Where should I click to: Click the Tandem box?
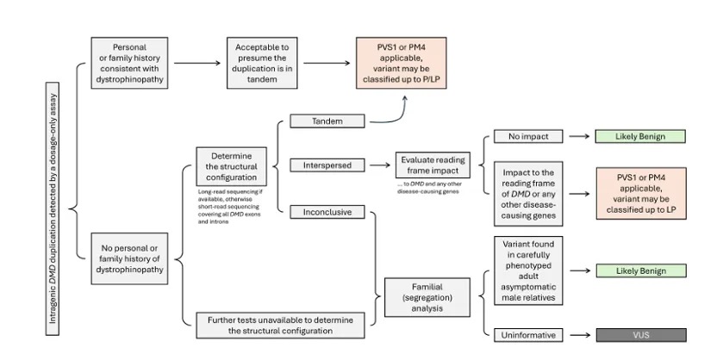pos(327,121)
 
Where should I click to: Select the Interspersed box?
pos(327,164)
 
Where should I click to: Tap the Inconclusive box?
pos(327,212)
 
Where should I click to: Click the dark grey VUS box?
pos(641,335)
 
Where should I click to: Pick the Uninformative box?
pos(528,335)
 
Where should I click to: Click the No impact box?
pos(528,136)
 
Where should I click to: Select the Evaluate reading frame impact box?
pos(433,164)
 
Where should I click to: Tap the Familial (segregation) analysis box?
pos(427,297)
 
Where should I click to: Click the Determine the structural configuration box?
pos(231,166)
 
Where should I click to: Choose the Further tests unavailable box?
pos(280,326)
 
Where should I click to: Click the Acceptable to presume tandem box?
pos(262,63)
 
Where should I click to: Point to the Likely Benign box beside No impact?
pos(640,136)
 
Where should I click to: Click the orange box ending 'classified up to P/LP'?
pos(402,63)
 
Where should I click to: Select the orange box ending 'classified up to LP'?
pos(641,194)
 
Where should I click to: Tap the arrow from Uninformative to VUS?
pos(580,335)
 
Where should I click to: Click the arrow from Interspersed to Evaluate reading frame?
pos(380,164)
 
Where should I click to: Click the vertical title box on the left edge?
pos(53,208)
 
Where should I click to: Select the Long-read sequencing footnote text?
pos(230,207)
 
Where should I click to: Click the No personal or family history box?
pos(129,258)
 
